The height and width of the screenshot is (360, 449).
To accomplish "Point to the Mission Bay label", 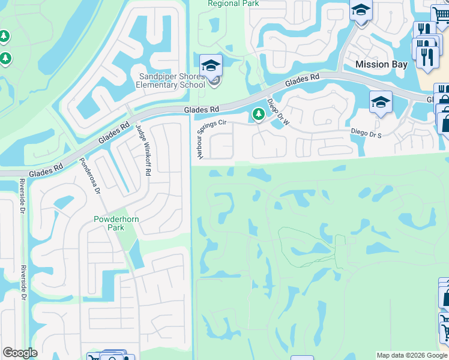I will (381, 64).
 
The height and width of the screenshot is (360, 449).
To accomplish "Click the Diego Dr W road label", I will (278, 112).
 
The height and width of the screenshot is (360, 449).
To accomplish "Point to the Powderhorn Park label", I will (116, 224).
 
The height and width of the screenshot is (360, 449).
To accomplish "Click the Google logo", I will (20, 353).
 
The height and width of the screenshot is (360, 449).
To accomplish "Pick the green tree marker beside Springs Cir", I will (259, 113).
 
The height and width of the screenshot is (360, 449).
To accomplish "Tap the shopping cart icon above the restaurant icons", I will (440, 14).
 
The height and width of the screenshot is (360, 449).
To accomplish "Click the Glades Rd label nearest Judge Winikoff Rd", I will (115, 132).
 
